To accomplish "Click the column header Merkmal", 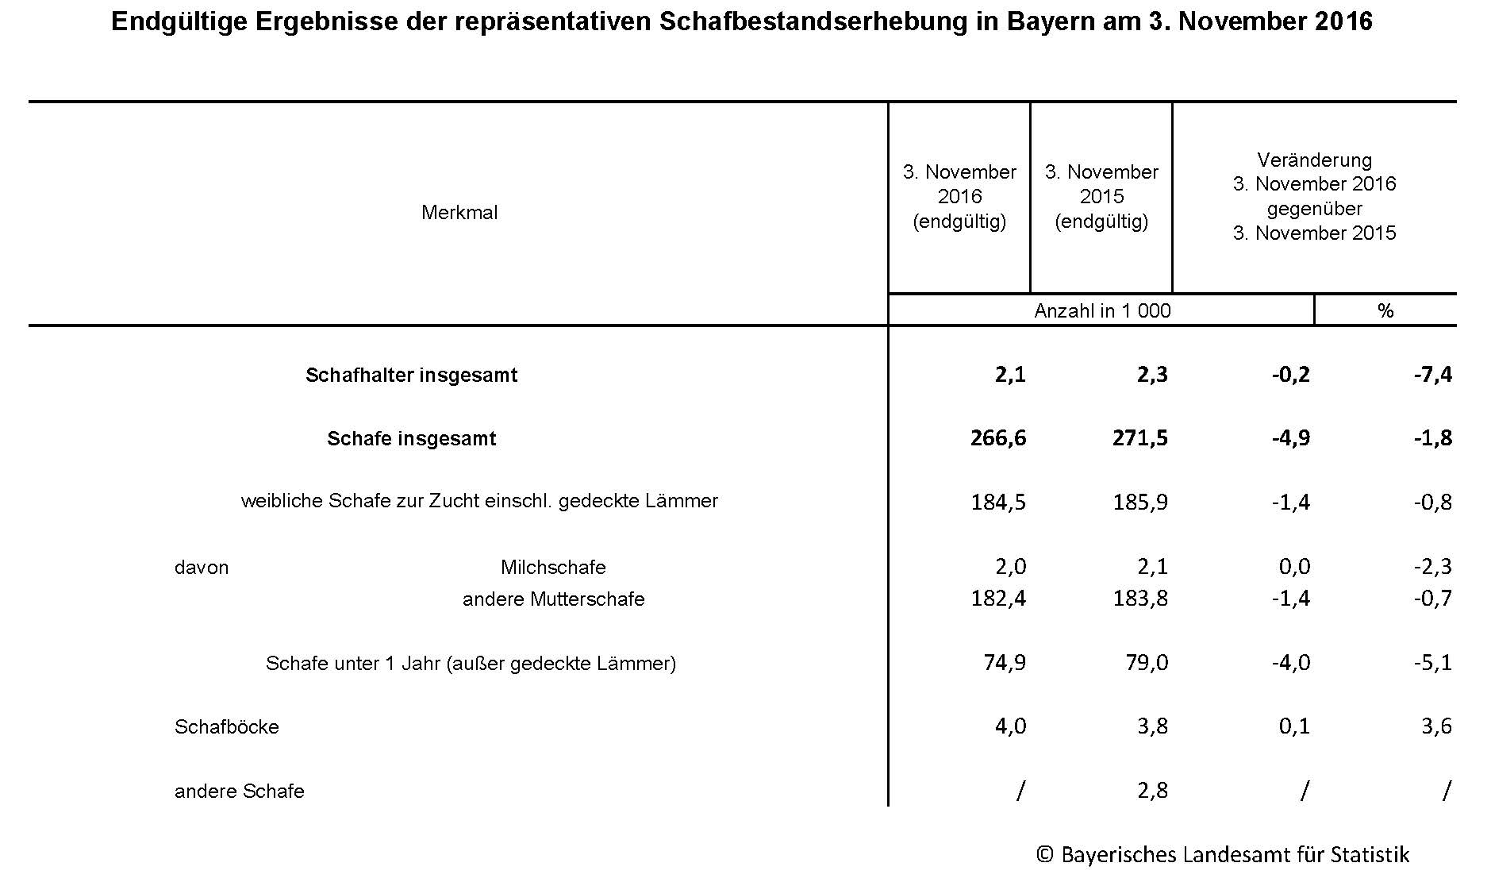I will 459,213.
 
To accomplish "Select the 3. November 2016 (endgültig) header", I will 959,196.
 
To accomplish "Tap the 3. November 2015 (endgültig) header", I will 1101,196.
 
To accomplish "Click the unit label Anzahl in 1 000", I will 1102,310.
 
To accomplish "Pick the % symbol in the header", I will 1385,310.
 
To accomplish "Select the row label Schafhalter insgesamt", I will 411,376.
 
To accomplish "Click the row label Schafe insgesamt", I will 411,439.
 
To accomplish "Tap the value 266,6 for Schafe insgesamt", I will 997,438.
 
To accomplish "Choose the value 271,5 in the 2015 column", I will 1140,438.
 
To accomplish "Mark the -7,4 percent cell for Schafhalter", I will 1432,375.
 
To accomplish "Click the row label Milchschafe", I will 553,568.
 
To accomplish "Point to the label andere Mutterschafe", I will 553,599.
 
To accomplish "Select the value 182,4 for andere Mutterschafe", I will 997,599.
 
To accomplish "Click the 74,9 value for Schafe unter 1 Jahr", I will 1004,663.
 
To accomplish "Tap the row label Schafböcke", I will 227,727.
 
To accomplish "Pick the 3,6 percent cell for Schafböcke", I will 1436,726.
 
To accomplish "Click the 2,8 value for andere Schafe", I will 1151,791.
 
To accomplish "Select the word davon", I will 202,568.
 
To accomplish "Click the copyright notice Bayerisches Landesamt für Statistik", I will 1223,855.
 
